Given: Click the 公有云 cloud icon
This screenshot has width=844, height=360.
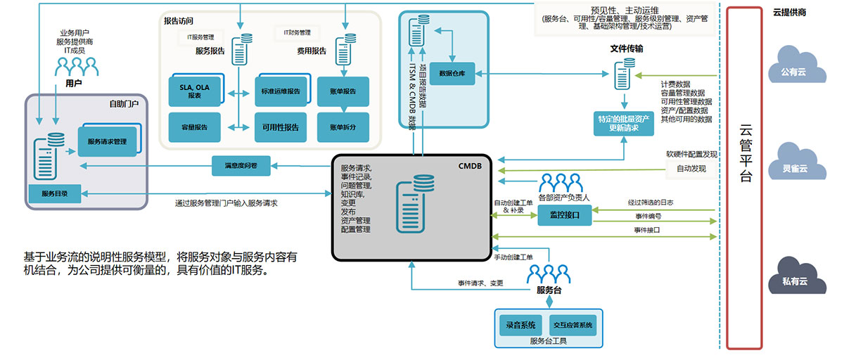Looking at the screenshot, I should click(793, 67).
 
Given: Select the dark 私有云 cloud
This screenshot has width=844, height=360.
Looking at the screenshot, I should click(793, 276).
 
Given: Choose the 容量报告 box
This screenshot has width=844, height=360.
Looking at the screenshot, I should click(192, 127).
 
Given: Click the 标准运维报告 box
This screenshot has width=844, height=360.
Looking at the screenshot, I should click(280, 91).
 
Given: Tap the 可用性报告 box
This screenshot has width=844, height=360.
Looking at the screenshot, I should click(280, 127).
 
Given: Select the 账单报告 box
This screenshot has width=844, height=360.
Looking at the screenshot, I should click(343, 91).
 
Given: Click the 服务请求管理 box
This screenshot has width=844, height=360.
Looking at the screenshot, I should click(108, 142).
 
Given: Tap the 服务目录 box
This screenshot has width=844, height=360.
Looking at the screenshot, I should click(55, 193).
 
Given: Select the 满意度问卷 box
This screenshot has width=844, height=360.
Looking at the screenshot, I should click(241, 166).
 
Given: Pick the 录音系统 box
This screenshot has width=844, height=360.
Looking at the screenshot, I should click(520, 326).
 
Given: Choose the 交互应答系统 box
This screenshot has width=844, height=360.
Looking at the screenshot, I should click(573, 326).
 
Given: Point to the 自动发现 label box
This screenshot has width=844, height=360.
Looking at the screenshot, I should click(691, 169).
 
